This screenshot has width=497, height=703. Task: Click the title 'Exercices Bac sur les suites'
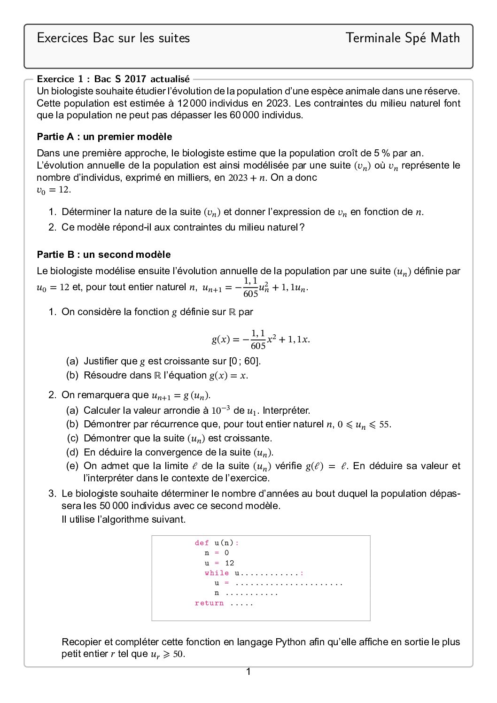click(113, 38)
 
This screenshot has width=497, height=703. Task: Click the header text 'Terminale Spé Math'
click(403, 38)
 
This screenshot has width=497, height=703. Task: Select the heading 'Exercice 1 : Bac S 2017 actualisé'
click(113, 79)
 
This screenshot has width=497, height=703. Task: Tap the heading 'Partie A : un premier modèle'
click(104, 137)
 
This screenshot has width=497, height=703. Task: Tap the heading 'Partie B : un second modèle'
click(104, 255)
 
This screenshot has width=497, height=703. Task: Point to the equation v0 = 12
click(54, 190)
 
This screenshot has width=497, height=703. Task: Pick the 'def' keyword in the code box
click(202, 543)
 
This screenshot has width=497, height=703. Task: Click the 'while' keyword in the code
click(217, 573)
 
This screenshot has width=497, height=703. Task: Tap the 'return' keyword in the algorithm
click(209, 603)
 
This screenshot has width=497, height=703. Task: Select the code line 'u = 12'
click(219, 563)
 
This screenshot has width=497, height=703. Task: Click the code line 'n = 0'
click(217, 553)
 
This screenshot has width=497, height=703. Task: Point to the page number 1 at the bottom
click(248, 672)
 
